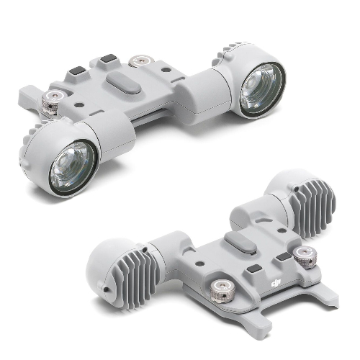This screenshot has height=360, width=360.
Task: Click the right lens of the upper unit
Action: pyautogui.click(x=262, y=90)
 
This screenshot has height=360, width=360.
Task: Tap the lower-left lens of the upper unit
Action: pyautogui.click(x=73, y=166)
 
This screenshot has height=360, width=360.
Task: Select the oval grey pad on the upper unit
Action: pyautogui.click(x=123, y=83)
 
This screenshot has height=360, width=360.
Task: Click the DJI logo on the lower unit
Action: pyautogui.click(x=276, y=283)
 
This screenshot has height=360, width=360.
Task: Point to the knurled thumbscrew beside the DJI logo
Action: pyautogui.click(x=220, y=291)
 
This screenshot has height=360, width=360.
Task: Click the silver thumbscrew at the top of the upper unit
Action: pyautogui.click(x=140, y=60)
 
